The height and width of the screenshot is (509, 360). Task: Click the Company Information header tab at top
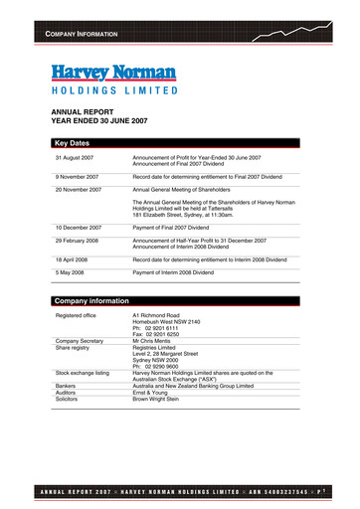tap(77, 35)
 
